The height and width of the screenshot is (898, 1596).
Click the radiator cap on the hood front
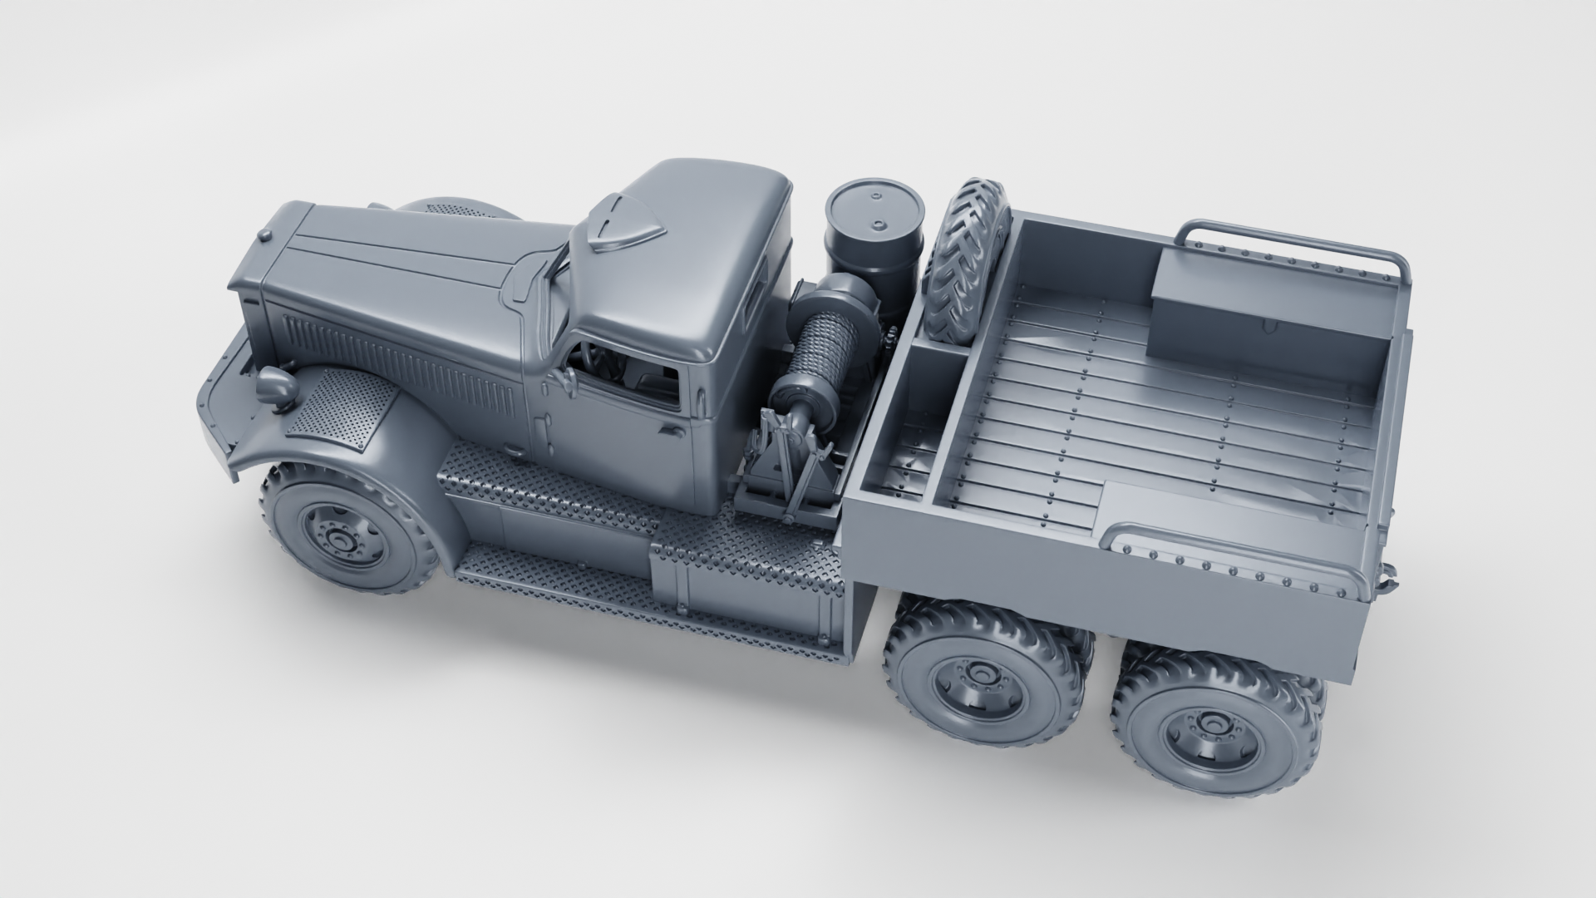(265, 238)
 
